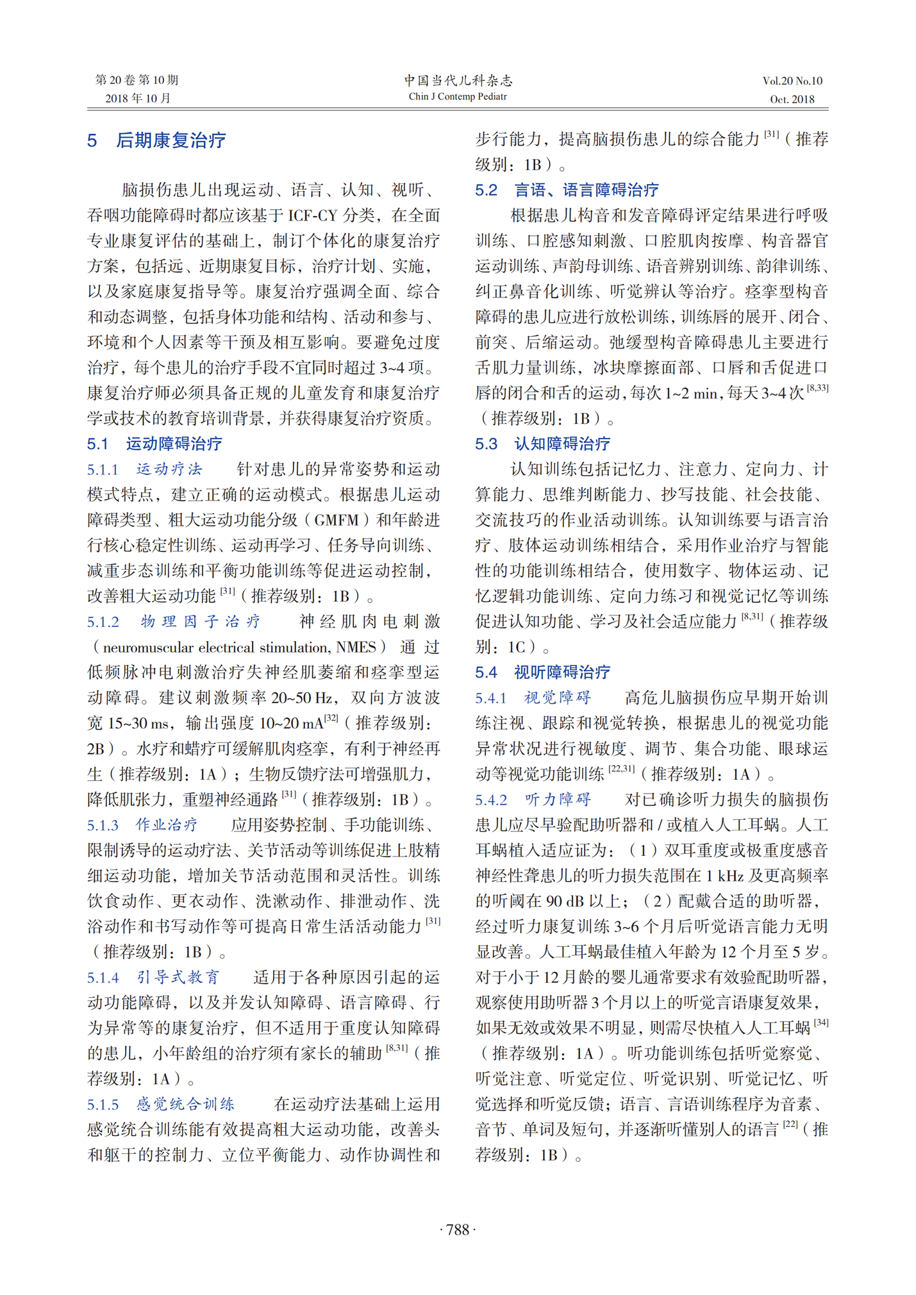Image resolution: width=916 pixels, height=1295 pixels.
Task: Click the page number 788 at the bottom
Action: click(x=458, y=1229)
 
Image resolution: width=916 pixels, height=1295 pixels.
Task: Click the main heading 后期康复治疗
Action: click(x=171, y=140)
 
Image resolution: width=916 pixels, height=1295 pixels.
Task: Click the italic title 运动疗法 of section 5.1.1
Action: click(x=169, y=469)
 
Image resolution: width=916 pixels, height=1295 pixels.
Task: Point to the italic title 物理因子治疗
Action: click(x=201, y=621)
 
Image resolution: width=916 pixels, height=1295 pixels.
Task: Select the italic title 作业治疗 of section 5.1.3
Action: click(x=167, y=824)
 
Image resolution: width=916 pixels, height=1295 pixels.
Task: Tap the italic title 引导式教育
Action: click(x=178, y=977)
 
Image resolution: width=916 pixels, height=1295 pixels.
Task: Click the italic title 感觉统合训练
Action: click(x=185, y=1103)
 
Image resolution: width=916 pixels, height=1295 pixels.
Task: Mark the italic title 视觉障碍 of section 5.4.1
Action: click(x=557, y=698)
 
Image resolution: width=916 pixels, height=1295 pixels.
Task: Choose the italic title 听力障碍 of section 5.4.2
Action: click(x=557, y=799)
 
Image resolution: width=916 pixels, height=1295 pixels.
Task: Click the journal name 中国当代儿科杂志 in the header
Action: click(x=458, y=80)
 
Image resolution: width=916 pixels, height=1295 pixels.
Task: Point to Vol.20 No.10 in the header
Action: click(x=792, y=81)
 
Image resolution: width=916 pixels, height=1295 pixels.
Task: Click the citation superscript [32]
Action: click(x=331, y=719)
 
